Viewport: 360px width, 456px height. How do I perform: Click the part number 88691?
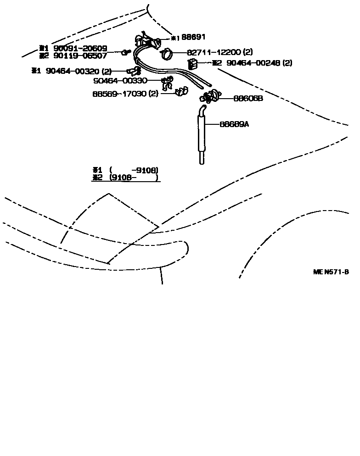(x=193, y=38)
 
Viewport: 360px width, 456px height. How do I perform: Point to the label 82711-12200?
(x=213, y=52)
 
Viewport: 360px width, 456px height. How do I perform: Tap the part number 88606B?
(x=248, y=98)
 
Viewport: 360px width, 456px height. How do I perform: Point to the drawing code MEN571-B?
(x=331, y=272)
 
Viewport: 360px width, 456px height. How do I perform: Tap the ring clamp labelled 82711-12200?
(x=166, y=55)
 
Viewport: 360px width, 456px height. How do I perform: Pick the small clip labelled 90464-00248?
(x=192, y=63)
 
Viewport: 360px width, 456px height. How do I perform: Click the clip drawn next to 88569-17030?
(x=180, y=93)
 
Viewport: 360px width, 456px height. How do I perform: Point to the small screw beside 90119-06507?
(x=125, y=53)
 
